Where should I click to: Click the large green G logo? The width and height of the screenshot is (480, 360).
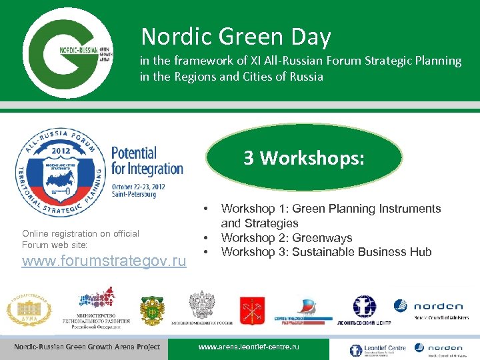point(66,51)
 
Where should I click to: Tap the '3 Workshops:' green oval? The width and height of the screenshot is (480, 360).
point(304,158)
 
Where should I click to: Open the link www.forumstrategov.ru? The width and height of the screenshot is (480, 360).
point(104,261)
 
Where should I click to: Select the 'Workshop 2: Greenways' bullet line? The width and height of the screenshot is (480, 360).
point(287,237)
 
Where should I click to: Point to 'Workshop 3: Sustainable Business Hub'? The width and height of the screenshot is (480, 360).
point(326,252)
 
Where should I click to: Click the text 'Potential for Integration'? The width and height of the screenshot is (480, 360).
point(147,161)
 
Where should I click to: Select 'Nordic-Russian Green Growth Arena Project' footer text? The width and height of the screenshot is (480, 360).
point(87,347)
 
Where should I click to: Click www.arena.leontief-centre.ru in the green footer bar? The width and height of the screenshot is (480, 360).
point(249,347)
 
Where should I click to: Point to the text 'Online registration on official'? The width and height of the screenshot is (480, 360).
point(81,233)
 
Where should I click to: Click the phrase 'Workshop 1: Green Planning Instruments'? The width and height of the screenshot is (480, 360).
point(331,209)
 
